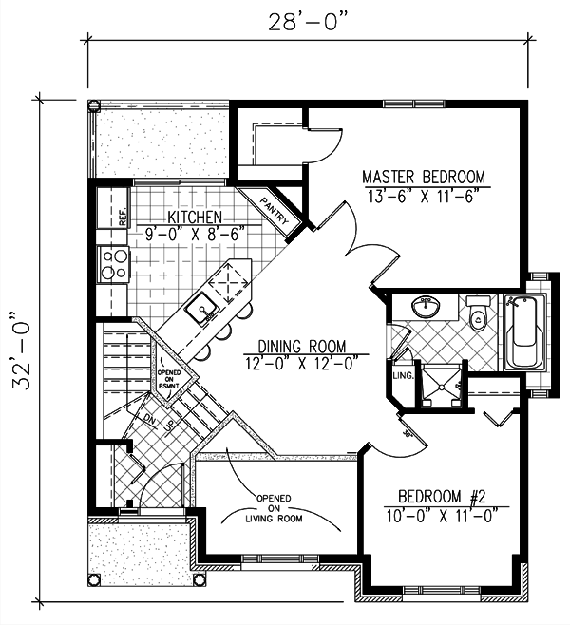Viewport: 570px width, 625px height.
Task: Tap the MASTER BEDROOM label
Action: coord(424,178)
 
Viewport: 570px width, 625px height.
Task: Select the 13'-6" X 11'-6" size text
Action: coord(424,197)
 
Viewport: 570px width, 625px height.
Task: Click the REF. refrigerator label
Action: coord(123,218)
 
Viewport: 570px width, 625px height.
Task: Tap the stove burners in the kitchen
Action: coord(113,265)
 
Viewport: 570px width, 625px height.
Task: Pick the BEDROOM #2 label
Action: coord(442,498)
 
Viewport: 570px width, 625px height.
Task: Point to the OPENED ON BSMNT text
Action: coord(169,367)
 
